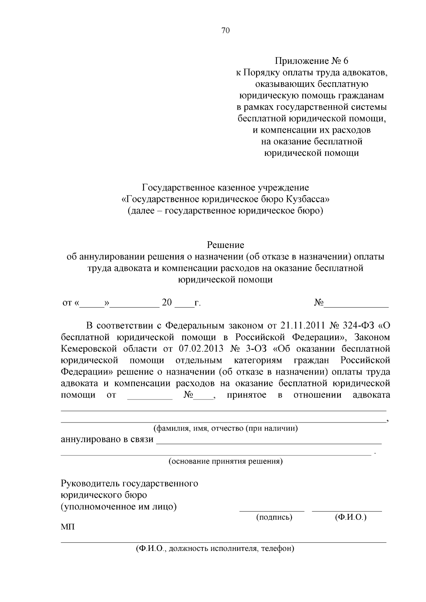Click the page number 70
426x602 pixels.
coord(225,31)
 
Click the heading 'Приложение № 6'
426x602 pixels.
coord(311,61)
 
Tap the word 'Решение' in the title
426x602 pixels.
coord(225,245)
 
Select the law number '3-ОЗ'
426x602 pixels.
coord(256,348)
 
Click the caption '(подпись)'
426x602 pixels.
coord(274,518)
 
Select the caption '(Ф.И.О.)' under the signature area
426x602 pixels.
coord(350,518)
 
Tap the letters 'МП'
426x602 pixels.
coord(68,527)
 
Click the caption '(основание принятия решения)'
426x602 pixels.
coord(225,462)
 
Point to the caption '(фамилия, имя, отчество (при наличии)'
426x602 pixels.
coord(225,428)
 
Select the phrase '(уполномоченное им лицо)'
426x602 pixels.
coord(119,507)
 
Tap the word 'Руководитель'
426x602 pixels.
coord(90,484)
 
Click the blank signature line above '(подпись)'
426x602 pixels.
coord(272,510)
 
